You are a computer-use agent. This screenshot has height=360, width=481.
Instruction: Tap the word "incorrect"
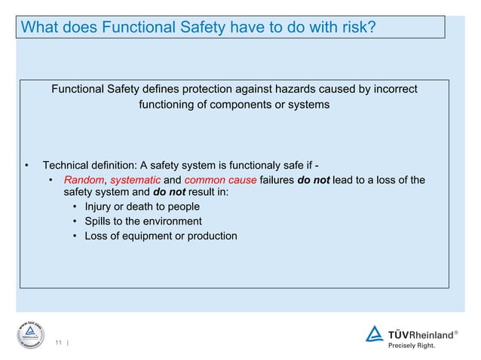tap(391, 90)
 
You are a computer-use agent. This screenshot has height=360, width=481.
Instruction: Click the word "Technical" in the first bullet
tap(67, 166)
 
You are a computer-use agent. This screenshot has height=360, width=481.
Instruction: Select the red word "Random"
tap(82, 180)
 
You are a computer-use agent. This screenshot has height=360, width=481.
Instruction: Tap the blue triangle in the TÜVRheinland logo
tap(375, 334)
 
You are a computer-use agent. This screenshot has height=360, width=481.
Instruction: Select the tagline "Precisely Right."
tap(411, 346)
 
